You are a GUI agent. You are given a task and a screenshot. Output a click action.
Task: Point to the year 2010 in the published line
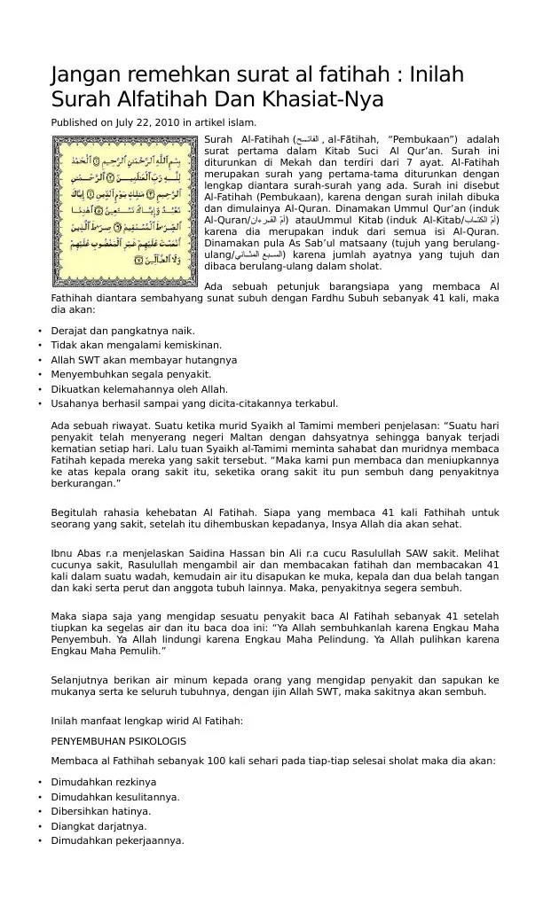pyautogui.click(x=166, y=122)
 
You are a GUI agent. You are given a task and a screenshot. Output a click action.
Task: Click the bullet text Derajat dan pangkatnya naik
pyautogui.click(x=122, y=331)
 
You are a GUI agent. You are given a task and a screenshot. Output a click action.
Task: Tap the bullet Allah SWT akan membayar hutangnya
pyautogui.click(x=144, y=360)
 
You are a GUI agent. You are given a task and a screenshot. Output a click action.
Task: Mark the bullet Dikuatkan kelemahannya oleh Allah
pyautogui.click(x=139, y=388)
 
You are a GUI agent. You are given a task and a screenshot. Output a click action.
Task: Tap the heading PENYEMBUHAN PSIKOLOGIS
pyautogui.click(x=118, y=740)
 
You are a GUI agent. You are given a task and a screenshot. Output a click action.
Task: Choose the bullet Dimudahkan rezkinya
pyautogui.click(x=104, y=782)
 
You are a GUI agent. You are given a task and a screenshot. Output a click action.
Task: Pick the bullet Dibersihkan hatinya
pyautogui.click(x=99, y=811)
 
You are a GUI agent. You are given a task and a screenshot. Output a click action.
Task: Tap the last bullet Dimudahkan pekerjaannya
pyautogui.click(x=117, y=840)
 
